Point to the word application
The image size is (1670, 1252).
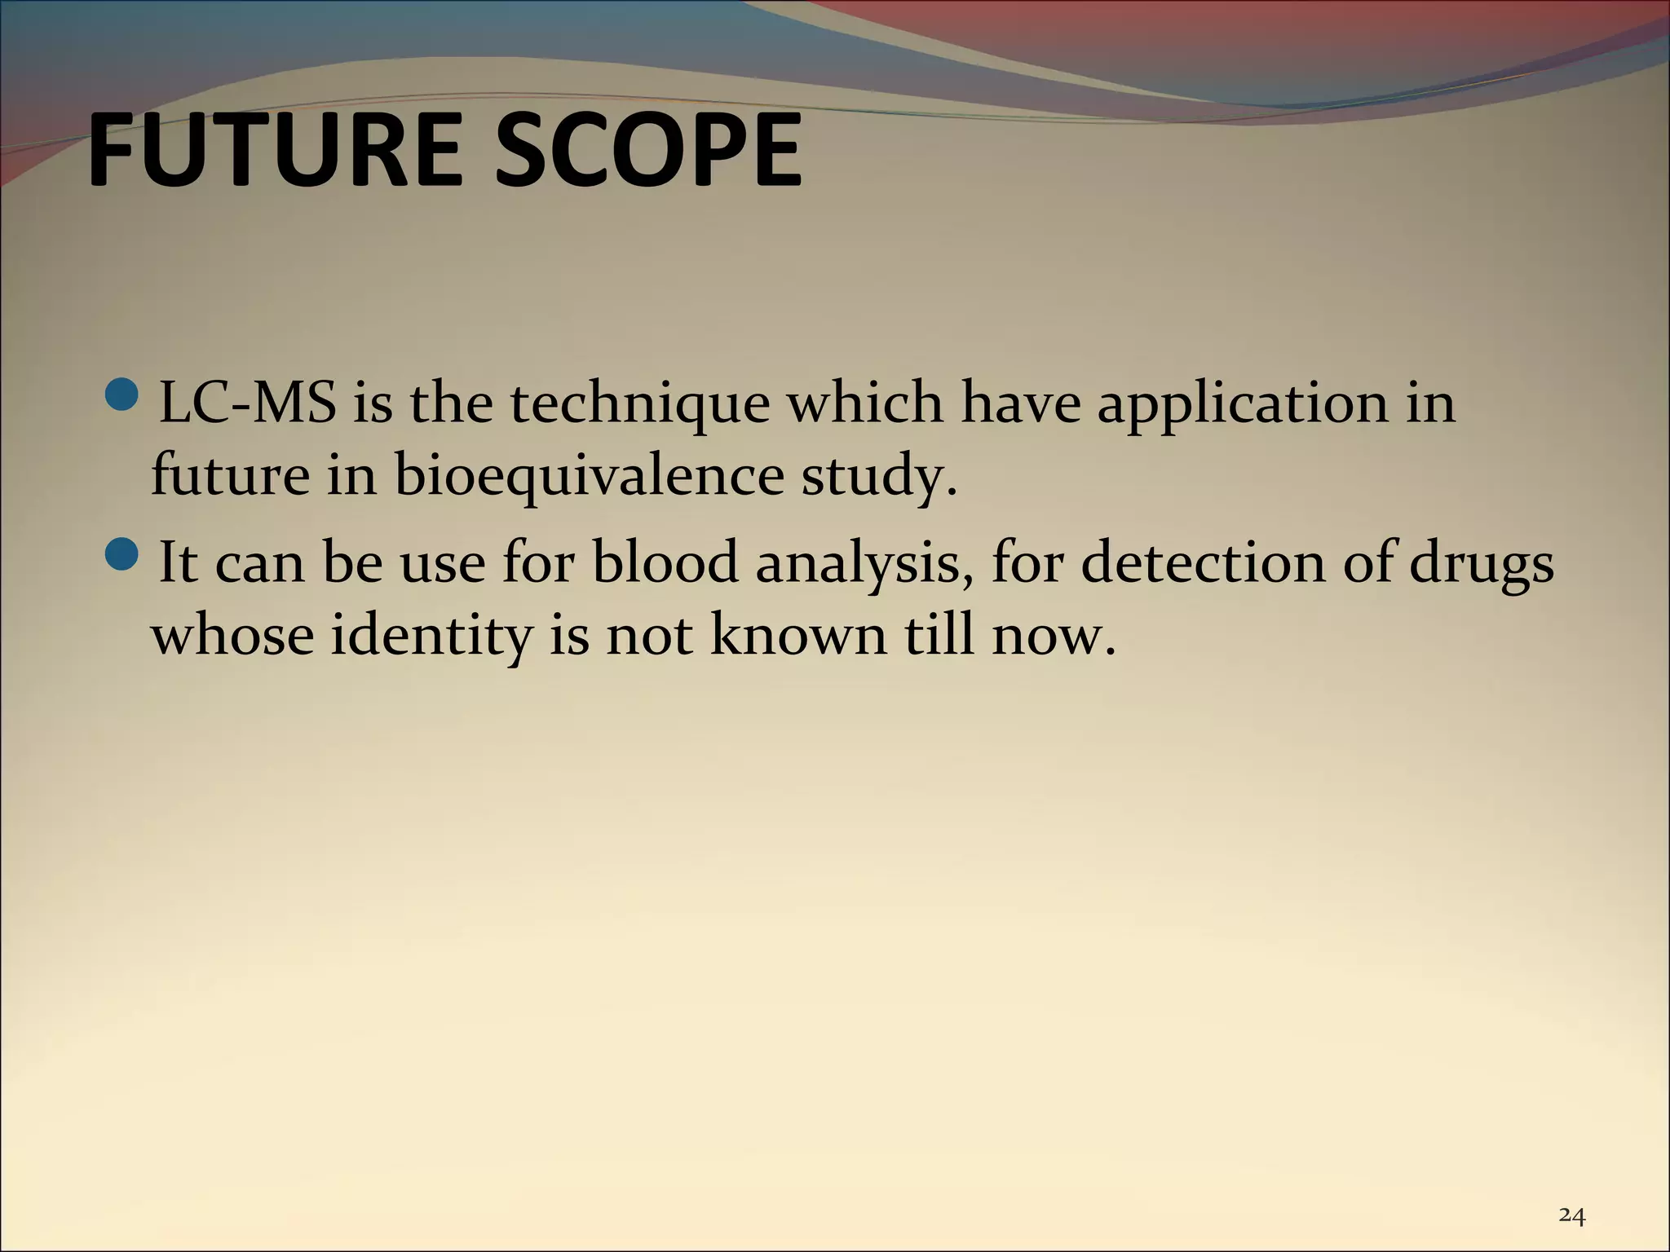(1242, 404)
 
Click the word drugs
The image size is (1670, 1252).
(1481, 563)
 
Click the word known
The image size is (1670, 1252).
(797, 635)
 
